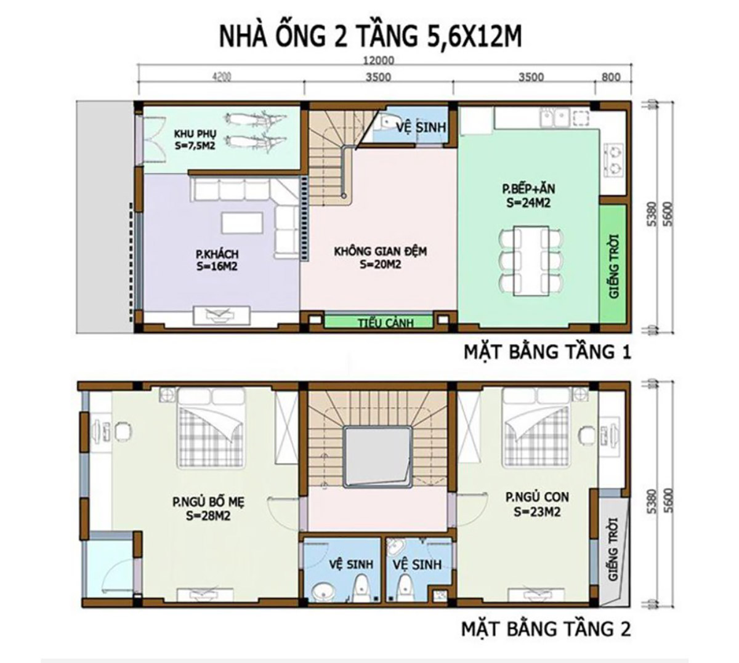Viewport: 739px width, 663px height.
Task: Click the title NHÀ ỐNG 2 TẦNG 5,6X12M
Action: (x=370, y=36)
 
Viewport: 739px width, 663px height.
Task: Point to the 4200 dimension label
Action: (x=220, y=77)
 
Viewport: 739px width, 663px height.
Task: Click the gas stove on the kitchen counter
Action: (x=615, y=159)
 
